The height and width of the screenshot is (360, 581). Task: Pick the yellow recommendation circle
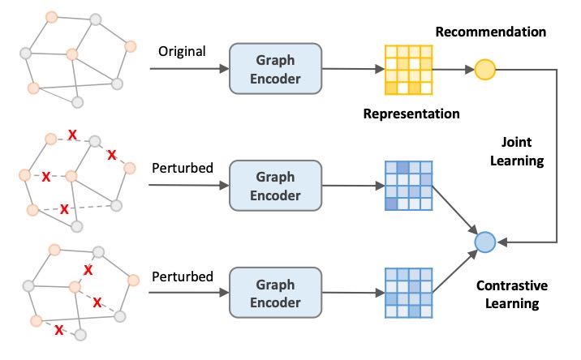[485, 69]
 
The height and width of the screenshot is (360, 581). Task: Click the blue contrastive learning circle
[484, 242]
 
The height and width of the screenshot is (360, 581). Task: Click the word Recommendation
[490, 32]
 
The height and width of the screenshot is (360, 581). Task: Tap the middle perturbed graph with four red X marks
[77, 174]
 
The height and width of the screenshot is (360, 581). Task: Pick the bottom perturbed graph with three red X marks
[77, 288]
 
